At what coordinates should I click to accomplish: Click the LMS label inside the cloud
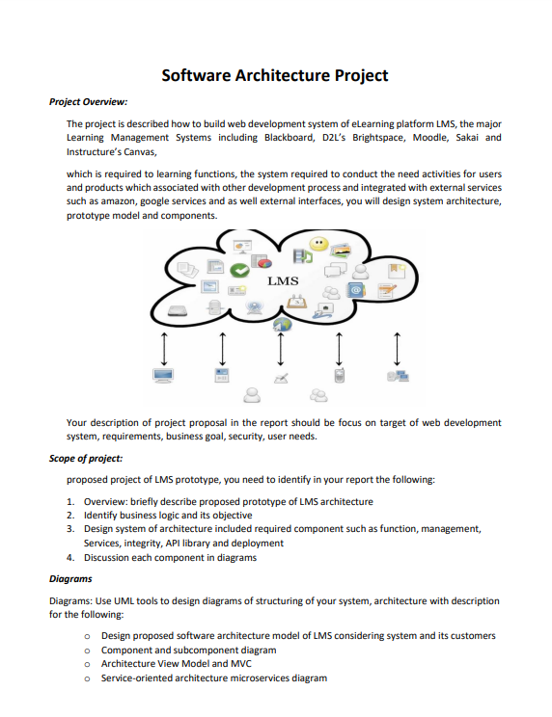point(282,281)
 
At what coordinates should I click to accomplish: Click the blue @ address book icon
point(356,288)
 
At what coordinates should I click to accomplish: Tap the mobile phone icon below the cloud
point(339,375)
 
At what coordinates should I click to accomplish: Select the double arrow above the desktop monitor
point(164,345)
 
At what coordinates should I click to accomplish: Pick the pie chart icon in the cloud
point(262,260)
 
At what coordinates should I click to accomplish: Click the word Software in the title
point(196,75)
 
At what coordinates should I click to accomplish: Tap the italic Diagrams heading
point(70,579)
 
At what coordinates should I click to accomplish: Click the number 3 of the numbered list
point(70,529)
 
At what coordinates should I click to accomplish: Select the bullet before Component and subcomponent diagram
point(87,651)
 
